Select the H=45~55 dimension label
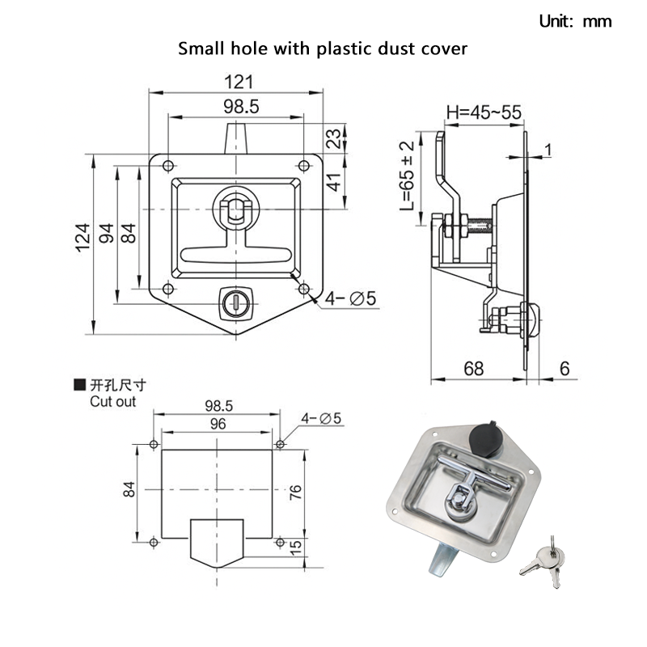click(x=482, y=112)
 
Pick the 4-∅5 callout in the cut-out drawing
click(x=321, y=419)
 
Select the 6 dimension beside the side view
click(x=565, y=369)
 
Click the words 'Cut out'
click(x=113, y=401)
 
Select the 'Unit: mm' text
click(x=576, y=22)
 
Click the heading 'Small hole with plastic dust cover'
click(x=323, y=49)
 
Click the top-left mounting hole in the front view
click(x=167, y=166)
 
